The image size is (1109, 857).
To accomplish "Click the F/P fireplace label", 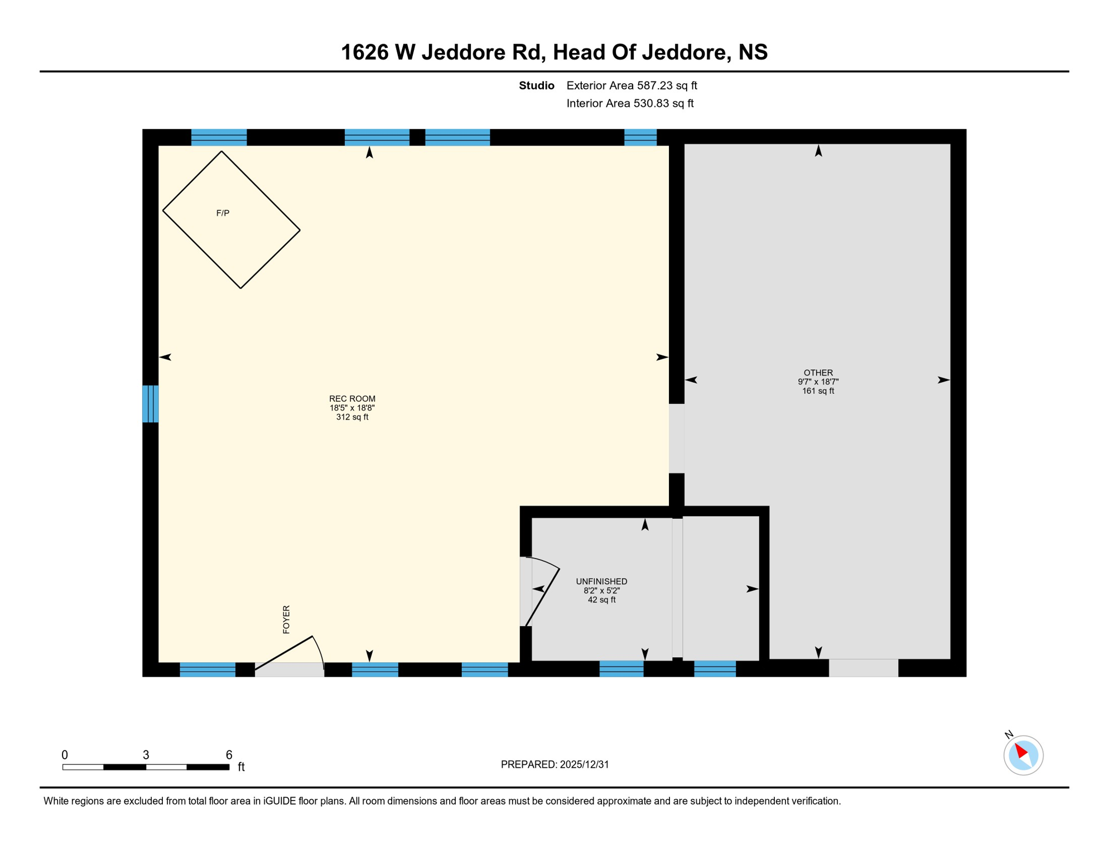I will pyautogui.click(x=223, y=213).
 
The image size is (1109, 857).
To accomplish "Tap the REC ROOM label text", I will pyautogui.click(x=352, y=399).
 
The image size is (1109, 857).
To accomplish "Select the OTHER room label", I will pyautogui.click(x=818, y=373).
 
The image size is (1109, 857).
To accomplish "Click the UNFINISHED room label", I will pyautogui.click(x=601, y=581).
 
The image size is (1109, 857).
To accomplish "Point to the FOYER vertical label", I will pyautogui.click(x=286, y=619).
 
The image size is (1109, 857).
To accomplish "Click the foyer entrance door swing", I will pyautogui.click(x=290, y=654).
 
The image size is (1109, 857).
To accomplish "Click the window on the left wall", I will pyautogui.click(x=150, y=403).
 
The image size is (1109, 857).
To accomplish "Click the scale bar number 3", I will pyautogui.click(x=146, y=755).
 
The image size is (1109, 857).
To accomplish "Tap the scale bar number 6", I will pyautogui.click(x=229, y=755).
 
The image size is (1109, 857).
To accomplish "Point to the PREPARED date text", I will pyautogui.click(x=554, y=764).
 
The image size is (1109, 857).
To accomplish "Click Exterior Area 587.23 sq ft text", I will pyautogui.click(x=631, y=85).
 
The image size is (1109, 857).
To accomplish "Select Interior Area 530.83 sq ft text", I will pyautogui.click(x=630, y=103).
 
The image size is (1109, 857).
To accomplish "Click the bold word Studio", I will pyautogui.click(x=536, y=85).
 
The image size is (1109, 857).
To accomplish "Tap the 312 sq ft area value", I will pyautogui.click(x=352, y=417).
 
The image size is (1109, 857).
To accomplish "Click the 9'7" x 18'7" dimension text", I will pyautogui.click(x=818, y=382).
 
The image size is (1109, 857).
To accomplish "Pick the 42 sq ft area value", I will pyautogui.click(x=601, y=600).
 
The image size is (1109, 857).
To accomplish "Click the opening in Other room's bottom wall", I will pyautogui.click(x=863, y=668).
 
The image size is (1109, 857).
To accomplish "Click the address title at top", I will pyautogui.click(x=554, y=52).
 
